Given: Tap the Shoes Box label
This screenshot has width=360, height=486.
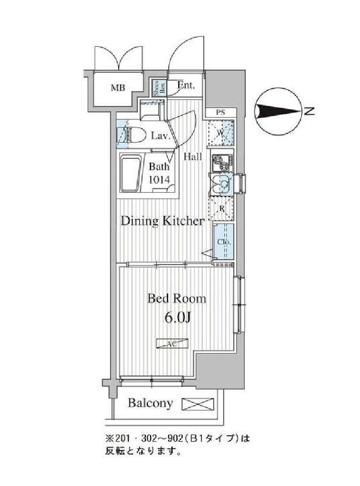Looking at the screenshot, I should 156,88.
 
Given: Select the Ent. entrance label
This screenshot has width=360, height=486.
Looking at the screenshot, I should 185,86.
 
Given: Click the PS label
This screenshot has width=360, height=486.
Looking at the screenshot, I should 220,113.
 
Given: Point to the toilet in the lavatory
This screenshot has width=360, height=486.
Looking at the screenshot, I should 132,135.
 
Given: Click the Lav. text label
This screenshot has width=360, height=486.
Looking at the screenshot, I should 161,136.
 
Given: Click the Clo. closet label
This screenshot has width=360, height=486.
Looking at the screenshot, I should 224,242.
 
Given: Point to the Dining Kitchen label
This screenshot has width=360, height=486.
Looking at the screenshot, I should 163,221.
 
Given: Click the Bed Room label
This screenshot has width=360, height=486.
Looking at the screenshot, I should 176,298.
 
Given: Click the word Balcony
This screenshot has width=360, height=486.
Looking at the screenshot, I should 150,403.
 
